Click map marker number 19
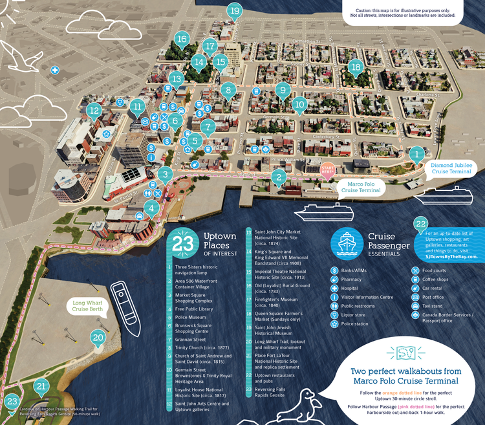pyautogui.click(x=234, y=10)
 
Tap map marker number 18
pyautogui.click(x=355, y=67)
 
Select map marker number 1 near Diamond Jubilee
pyautogui.click(x=417, y=153)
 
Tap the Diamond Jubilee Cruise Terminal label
pyautogui.click(x=451, y=168)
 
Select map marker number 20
pyautogui.click(x=98, y=337)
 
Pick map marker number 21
pyautogui.click(x=41, y=387)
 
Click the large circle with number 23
pyautogui.click(x=183, y=242)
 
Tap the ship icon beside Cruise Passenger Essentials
pyautogui.click(x=346, y=242)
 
